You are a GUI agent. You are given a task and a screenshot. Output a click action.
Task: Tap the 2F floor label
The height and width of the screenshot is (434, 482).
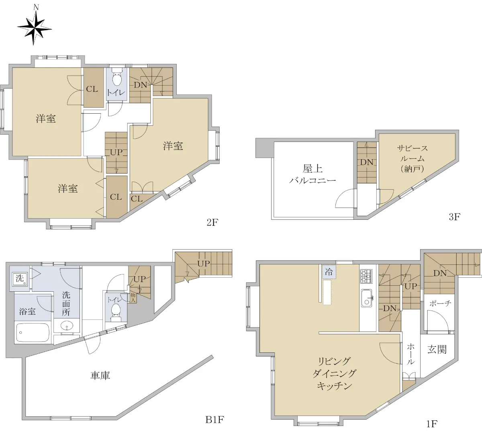[x=212, y=223]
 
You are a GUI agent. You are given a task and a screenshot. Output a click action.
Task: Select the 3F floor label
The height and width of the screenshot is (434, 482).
[x=454, y=217]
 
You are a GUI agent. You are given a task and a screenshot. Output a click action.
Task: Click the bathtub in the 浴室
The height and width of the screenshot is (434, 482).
[x=33, y=332]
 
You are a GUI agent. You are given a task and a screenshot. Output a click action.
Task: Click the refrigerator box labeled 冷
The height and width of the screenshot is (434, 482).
[x=329, y=272]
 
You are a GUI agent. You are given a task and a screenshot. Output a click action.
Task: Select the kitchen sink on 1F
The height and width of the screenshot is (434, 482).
[x=366, y=298]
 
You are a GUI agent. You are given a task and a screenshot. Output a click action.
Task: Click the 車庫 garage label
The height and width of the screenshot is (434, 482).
[x=100, y=376]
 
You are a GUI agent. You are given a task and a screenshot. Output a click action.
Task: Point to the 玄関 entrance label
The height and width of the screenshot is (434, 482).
[x=437, y=349]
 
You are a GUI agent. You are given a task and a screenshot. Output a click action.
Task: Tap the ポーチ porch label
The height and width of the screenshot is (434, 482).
[x=440, y=303]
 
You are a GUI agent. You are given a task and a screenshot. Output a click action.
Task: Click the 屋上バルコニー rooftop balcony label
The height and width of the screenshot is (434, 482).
[x=312, y=174]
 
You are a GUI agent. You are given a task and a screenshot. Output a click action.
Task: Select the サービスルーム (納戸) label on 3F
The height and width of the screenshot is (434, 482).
[x=412, y=158]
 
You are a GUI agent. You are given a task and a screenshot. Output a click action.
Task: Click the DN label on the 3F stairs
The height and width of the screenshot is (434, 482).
[x=367, y=162]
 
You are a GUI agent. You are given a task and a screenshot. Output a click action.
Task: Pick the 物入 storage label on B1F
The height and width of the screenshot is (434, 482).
[x=133, y=298]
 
